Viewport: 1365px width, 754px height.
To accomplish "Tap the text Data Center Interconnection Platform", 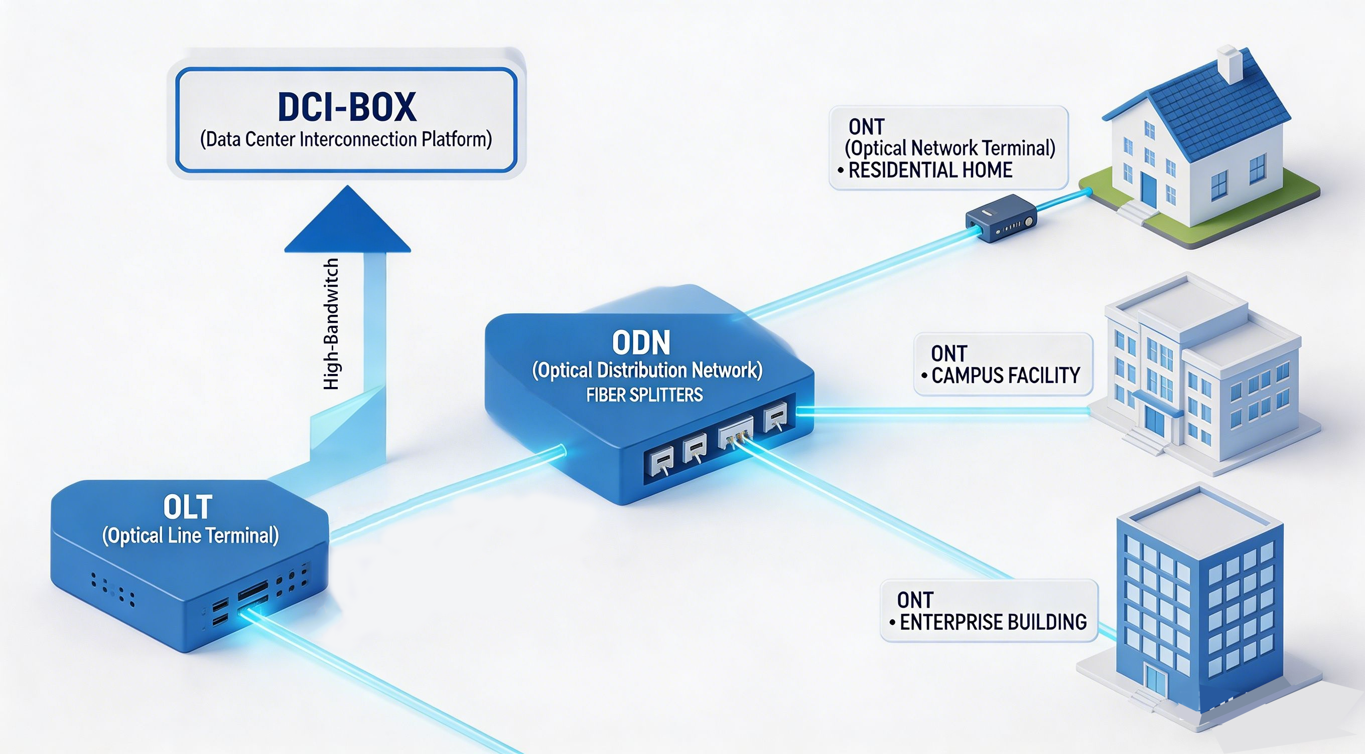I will [x=346, y=140].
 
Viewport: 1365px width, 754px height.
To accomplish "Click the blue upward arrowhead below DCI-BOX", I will [x=348, y=223].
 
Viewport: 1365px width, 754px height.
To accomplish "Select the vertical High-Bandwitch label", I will [x=331, y=324].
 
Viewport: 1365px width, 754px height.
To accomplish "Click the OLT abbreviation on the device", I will [x=188, y=507].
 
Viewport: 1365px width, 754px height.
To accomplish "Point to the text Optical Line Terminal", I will [x=190, y=536].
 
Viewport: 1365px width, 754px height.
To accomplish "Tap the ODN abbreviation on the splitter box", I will [x=641, y=342].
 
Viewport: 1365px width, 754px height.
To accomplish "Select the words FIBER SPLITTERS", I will [x=644, y=395].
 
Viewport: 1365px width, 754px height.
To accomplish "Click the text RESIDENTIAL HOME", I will [x=930, y=170].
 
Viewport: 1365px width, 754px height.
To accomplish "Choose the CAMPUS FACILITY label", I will [x=1005, y=376].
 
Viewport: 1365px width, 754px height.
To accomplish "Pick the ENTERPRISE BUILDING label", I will [x=993, y=622].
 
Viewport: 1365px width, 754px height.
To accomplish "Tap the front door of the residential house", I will [x=1148, y=190].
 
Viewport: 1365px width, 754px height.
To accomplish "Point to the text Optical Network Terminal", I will [x=950, y=148].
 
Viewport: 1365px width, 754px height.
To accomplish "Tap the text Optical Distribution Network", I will [x=647, y=370].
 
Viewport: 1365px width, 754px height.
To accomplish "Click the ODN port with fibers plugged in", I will [x=736, y=432].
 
